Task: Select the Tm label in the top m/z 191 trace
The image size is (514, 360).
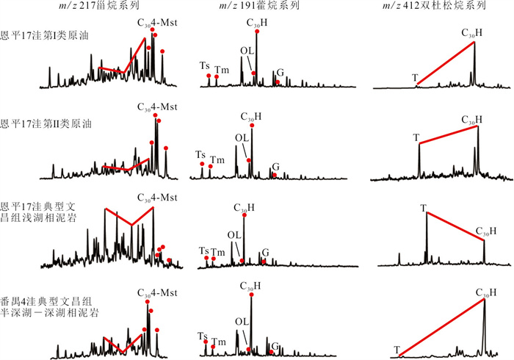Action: (x=220, y=69)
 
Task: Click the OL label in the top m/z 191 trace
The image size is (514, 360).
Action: (x=246, y=51)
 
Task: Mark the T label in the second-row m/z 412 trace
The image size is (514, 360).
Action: (x=416, y=137)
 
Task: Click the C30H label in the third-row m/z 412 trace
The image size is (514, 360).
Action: (x=485, y=231)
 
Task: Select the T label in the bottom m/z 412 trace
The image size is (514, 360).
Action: (x=397, y=350)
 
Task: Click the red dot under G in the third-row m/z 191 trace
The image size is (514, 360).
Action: (x=264, y=262)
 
